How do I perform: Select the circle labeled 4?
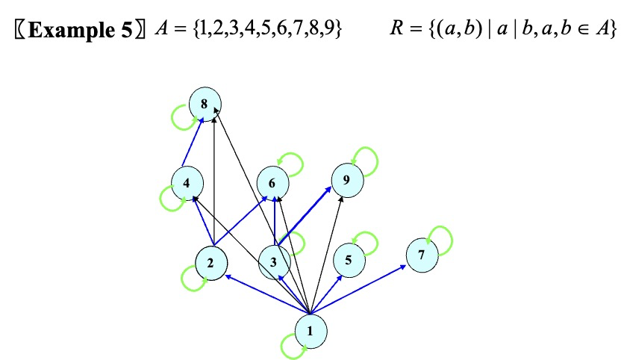(186, 182)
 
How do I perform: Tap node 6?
(272, 182)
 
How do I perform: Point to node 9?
(346, 179)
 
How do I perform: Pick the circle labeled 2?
(211, 262)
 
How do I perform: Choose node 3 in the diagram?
(274, 262)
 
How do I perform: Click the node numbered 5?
(348, 260)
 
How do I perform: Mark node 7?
(422, 255)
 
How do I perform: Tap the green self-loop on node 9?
(366, 158)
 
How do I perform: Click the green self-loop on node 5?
(366, 240)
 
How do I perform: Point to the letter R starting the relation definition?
(396, 30)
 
